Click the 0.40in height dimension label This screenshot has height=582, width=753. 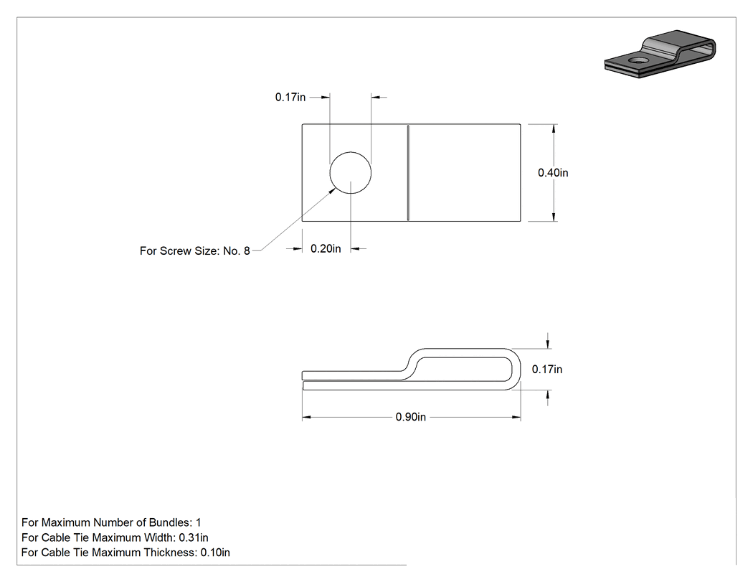pyautogui.click(x=553, y=172)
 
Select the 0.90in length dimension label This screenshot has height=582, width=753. pyautogui.click(x=411, y=417)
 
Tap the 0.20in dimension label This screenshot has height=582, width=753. pyautogui.click(x=326, y=248)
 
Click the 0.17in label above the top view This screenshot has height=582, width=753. pyautogui.click(x=290, y=97)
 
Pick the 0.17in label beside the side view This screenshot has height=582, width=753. pyautogui.click(x=547, y=369)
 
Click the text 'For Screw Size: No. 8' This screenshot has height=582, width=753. pyautogui.click(x=195, y=251)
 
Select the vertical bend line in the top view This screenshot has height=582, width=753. pyautogui.click(x=408, y=173)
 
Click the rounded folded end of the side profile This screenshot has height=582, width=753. pyautogui.click(x=517, y=369)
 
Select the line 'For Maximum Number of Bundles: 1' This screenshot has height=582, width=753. pyautogui.click(x=111, y=522)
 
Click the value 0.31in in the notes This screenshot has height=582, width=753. pyautogui.click(x=194, y=538)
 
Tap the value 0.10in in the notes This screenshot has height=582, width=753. pyautogui.click(x=215, y=553)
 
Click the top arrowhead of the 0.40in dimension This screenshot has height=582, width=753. pyautogui.click(x=554, y=128)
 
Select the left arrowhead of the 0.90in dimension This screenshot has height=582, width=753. pyautogui.click(x=308, y=417)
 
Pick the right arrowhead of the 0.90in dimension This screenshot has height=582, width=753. pyautogui.click(x=516, y=417)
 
